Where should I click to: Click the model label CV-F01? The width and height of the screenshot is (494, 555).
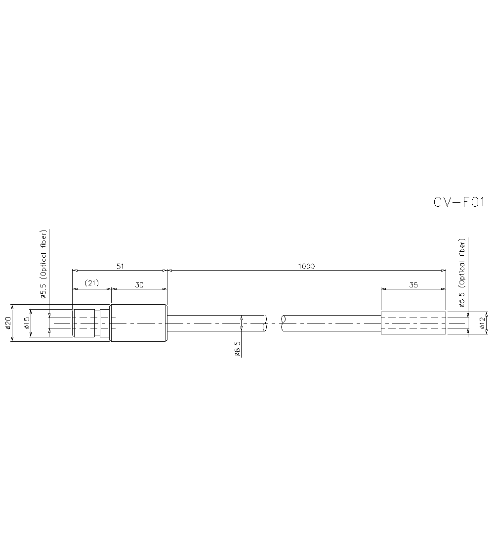coord(459,202)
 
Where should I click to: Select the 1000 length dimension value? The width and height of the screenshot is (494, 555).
coord(306,266)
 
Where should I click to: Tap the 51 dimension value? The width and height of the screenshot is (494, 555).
coord(120,266)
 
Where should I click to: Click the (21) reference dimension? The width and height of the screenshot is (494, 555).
coord(91,283)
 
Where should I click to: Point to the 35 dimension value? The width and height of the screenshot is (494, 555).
coord(413,284)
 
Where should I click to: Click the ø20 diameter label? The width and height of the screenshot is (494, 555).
coord(8,323)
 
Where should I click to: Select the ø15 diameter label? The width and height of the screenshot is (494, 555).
coord(27,323)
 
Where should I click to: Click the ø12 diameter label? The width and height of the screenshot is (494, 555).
coord(482,323)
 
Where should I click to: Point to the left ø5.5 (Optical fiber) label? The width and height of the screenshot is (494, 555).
coord(43,265)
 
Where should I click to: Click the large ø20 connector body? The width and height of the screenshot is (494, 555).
coord(138,323)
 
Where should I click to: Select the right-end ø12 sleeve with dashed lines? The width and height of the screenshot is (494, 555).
coord(413,323)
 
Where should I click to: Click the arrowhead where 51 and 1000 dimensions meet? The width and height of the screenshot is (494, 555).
coord(167,271)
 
